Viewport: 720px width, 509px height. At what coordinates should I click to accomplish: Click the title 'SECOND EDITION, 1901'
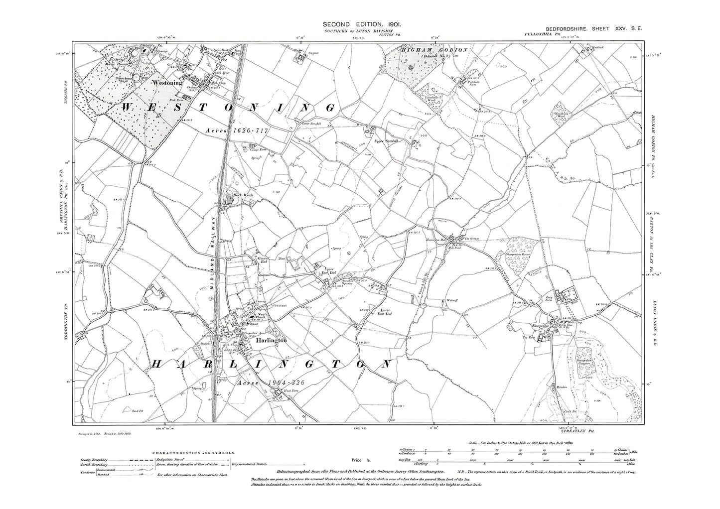tap(359, 24)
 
